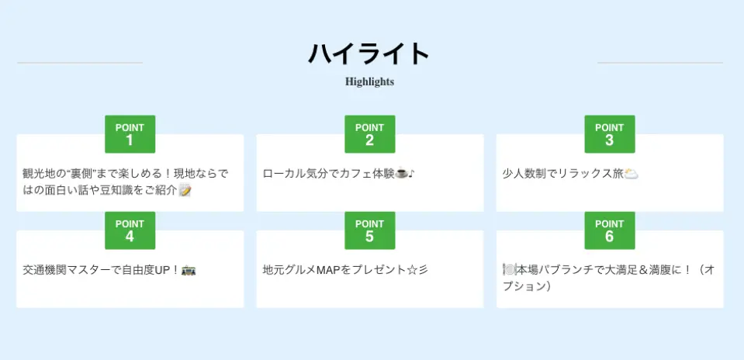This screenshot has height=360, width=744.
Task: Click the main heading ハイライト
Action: [x=369, y=53]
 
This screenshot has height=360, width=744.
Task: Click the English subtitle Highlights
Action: [x=369, y=81]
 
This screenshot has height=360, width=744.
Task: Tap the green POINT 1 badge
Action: [x=130, y=134]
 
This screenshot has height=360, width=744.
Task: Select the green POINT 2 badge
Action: [x=369, y=134]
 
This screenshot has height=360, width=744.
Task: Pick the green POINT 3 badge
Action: [x=610, y=134]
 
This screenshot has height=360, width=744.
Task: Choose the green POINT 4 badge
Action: [x=130, y=230]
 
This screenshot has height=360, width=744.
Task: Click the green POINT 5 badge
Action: [x=369, y=230]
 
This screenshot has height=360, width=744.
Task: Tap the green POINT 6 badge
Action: [x=610, y=230]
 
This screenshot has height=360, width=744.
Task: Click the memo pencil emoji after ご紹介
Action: [x=185, y=191]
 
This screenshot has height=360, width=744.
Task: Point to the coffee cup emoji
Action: [x=401, y=174]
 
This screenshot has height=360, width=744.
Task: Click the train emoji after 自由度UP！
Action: [x=189, y=270]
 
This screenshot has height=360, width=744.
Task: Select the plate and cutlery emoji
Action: [x=509, y=270]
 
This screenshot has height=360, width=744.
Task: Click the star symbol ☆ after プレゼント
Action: [x=413, y=270]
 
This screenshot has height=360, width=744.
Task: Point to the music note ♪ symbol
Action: [x=411, y=174]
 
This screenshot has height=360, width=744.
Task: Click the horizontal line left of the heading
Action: [x=80, y=63]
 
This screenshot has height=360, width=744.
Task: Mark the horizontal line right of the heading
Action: [x=660, y=63]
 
